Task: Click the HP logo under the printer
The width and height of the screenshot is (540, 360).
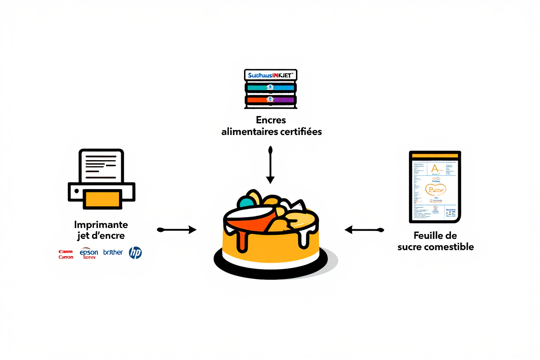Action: [135, 253]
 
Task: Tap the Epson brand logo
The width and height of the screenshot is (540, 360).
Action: [89, 253]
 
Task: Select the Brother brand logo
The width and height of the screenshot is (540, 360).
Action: [113, 252]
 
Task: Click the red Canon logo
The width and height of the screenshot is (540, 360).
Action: [66, 254]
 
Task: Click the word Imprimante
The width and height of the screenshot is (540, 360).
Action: [101, 225]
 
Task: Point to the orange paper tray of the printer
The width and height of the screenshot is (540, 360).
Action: [103, 199]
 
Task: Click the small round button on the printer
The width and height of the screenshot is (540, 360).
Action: [76, 190]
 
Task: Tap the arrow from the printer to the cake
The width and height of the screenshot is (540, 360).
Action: [177, 230]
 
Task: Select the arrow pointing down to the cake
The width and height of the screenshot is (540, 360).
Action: [270, 165]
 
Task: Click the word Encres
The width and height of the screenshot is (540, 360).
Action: [271, 120]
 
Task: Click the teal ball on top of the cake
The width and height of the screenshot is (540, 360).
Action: [245, 202]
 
